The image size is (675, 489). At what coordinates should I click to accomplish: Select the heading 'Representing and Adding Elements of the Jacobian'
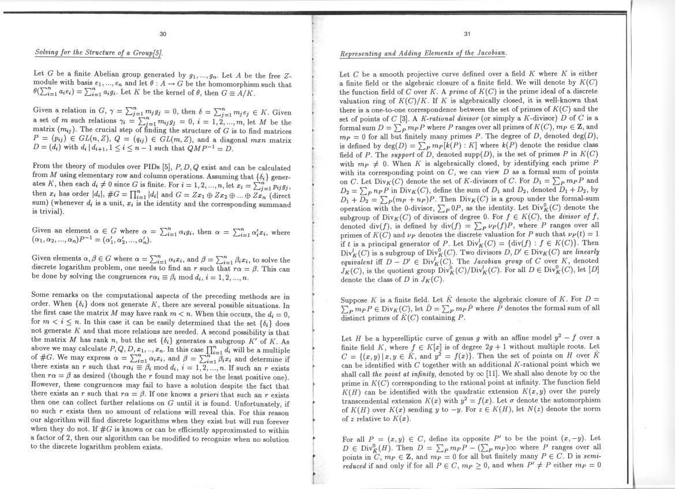coord(423,53)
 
